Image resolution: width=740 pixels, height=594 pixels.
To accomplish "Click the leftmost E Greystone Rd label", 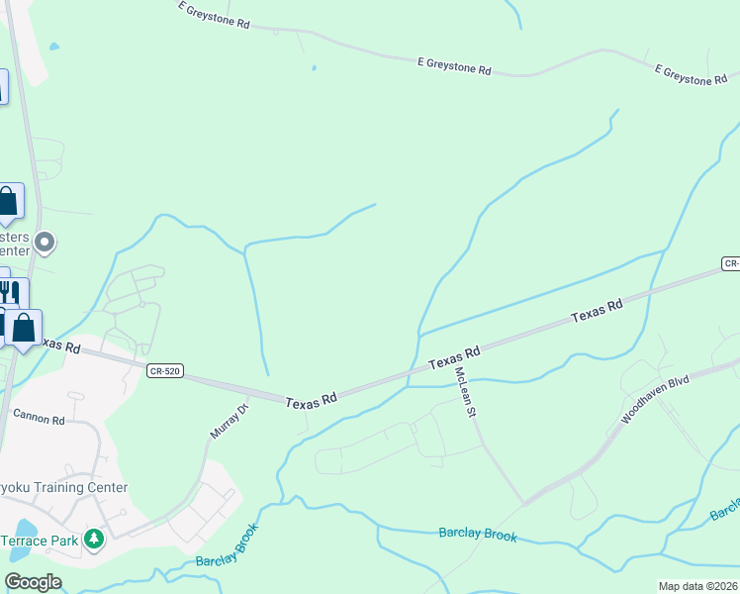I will pos(214,15).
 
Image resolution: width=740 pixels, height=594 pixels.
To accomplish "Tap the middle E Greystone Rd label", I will pos(454,65).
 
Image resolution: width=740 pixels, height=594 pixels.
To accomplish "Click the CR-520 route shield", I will pos(164,370).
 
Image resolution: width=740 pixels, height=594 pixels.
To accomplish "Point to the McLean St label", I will pos(465,391).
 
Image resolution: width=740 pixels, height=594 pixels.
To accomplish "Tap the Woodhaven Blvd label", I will pos(654,400).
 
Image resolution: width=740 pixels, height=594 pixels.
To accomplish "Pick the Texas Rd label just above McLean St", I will pos(454,357).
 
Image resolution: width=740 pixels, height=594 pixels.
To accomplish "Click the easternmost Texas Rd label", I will pos(597,311).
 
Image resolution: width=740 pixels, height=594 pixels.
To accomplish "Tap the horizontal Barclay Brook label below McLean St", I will pos(478,534).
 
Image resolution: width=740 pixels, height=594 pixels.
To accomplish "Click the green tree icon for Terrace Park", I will pos(94,540).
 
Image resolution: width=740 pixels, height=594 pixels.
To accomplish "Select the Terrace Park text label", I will pos(38,541).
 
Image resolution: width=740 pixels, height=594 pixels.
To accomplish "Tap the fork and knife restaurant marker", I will pos(9,292).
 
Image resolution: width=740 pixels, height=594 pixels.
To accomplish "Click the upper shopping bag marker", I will pos(7,201).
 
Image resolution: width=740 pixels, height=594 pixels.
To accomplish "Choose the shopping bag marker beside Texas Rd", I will pos(24,327).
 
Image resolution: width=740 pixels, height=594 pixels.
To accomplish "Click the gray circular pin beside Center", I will pos(44,242).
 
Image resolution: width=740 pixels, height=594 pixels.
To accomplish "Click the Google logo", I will pos(33,582).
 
